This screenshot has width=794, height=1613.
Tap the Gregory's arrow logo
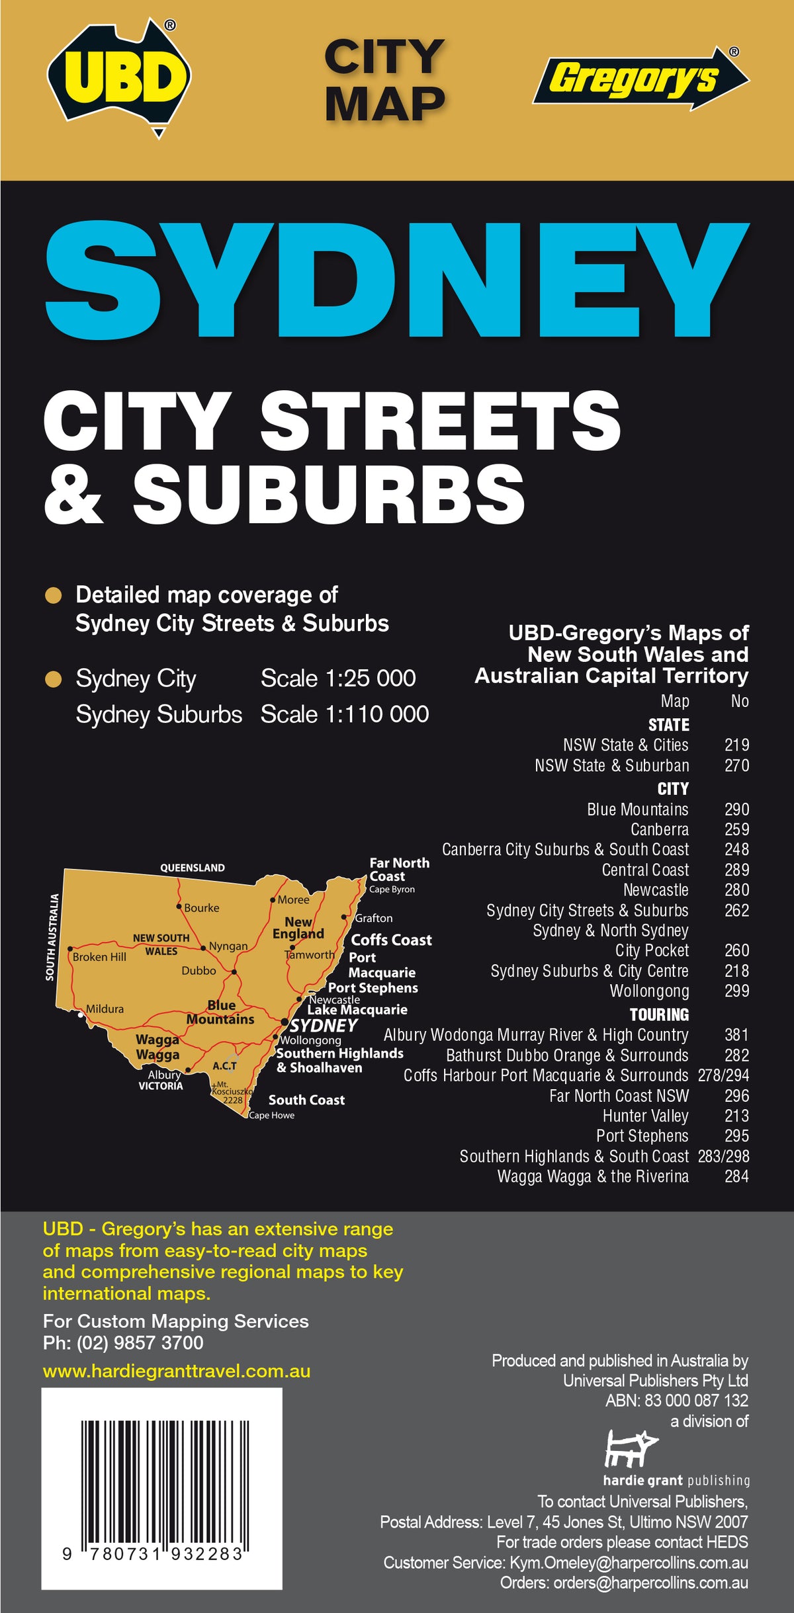point(639,78)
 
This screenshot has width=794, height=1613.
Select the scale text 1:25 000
point(338,679)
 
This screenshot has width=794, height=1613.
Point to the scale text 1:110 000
point(344,714)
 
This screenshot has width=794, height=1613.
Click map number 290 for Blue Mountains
point(736,809)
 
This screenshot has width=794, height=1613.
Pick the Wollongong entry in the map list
point(649,991)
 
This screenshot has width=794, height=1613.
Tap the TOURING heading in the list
point(659,1014)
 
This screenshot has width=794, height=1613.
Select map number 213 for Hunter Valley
point(736,1116)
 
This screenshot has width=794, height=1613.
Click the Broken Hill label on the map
point(99,957)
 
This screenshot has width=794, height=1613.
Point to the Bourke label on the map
point(201,908)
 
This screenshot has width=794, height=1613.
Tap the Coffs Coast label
point(391,940)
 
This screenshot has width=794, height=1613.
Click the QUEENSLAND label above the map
point(193,868)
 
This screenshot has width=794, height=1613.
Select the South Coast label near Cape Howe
point(306,1100)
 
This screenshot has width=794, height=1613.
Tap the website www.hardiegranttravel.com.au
point(177,1371)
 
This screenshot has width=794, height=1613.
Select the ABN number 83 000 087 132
point(697,1400)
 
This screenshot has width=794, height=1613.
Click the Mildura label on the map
point(105,1009)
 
